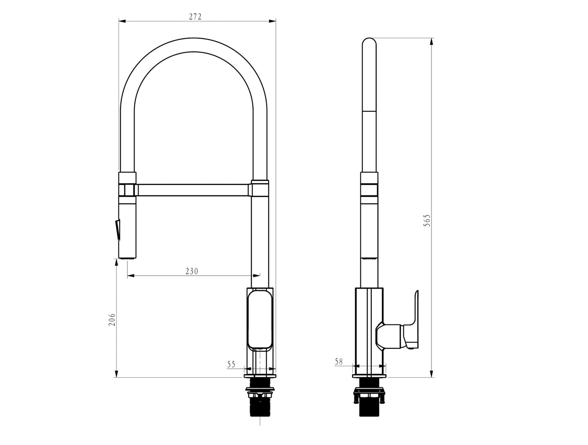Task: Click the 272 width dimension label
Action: (x=195, y=17)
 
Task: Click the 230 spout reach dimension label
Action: (x=192, y=271)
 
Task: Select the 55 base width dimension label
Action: (x=231, y=364)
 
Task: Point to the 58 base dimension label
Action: (x=339, y=361)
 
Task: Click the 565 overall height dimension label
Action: (x=427, y=221)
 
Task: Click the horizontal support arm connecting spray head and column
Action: (x=193, y=190)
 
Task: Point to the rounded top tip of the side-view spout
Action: (x=369, y=42)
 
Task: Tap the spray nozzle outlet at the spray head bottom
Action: (x=128, y=258)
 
